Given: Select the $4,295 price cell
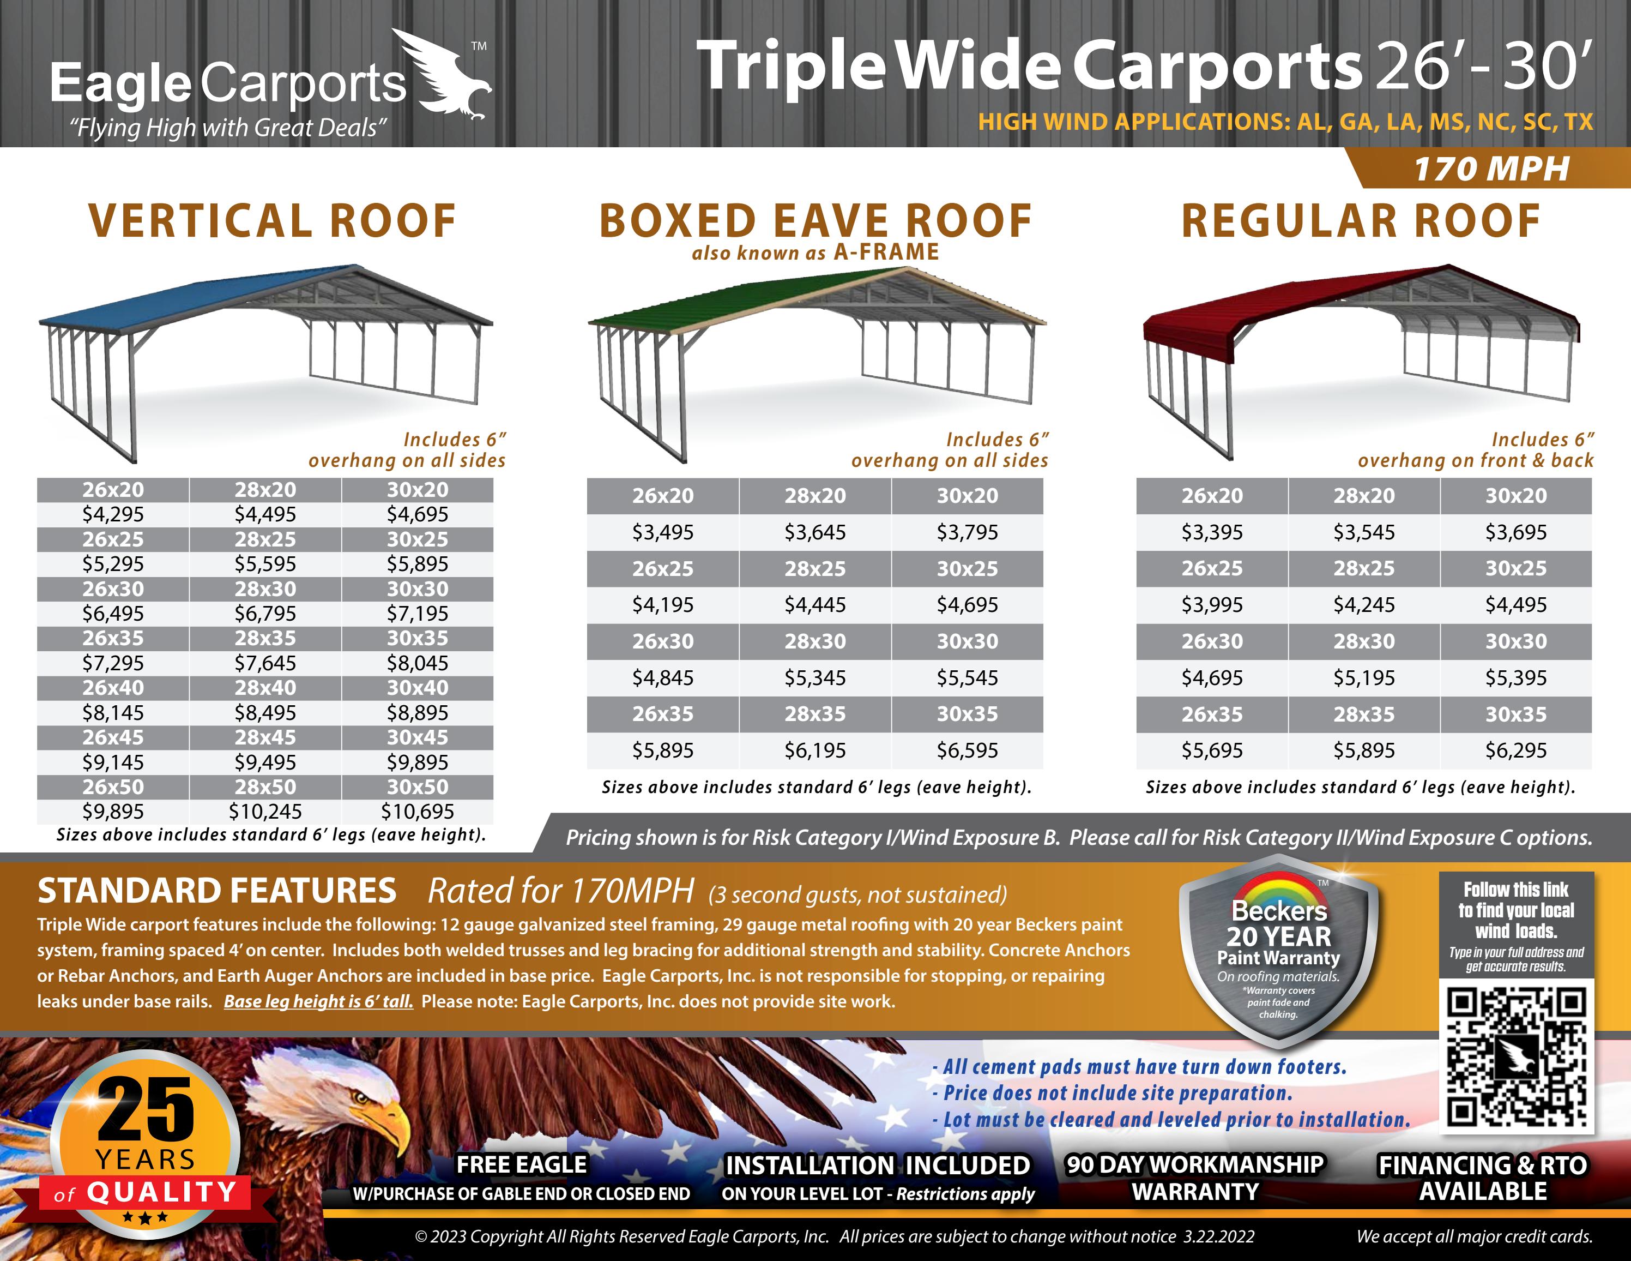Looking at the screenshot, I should click(113, 514).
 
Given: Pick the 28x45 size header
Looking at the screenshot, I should click(265, 737).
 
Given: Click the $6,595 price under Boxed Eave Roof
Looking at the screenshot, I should click(967, 750).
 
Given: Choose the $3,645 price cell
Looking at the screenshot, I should click(815, 532).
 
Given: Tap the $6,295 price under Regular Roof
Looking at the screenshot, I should click(1515, 750).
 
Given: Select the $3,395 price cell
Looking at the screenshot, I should click(1212, 532).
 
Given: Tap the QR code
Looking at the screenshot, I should click(1516, 1055).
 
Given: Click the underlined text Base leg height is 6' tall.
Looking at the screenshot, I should click(318, 1001).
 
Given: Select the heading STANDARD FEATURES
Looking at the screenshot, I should click(216, 891).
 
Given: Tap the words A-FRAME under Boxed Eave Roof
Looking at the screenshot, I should click(886, 253).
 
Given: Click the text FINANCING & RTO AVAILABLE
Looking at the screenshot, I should click(1482, 1178).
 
